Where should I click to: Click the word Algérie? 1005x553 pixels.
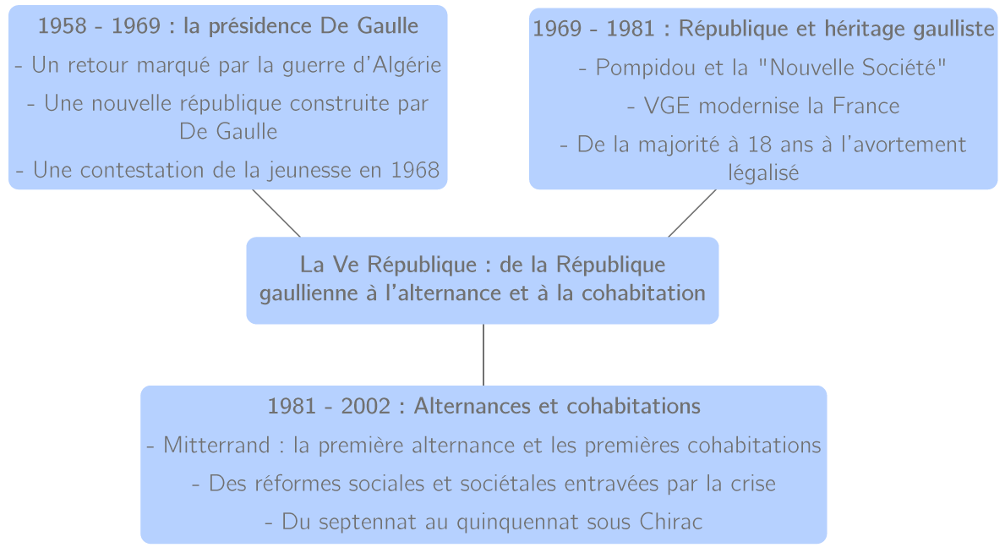click(x=408, y=66)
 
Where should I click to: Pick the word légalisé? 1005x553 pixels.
click(x=763, y=172)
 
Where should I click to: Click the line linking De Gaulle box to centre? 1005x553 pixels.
click(x=276, y=213)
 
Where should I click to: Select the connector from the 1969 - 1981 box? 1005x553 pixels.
click(x=692, y=213)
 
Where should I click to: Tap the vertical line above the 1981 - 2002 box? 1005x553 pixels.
click(x=483, y=355)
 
